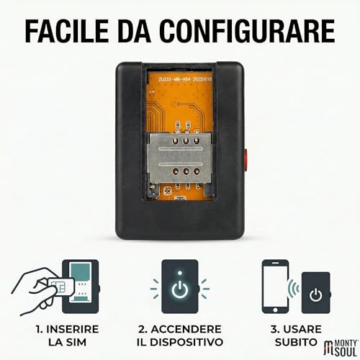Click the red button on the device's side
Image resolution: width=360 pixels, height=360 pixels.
pyautogui.click(x=246, y=158)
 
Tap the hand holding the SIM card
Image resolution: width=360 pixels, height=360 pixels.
pyautogui.click(x=36, y=287)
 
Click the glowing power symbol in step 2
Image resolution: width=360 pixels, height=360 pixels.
pyautogui.click(x=180, y=288)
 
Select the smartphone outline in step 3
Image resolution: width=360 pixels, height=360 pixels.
pyautogui.click(x=276, y=287)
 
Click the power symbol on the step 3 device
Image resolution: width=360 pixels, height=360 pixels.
pyautogui.click(x=315, y=294)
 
